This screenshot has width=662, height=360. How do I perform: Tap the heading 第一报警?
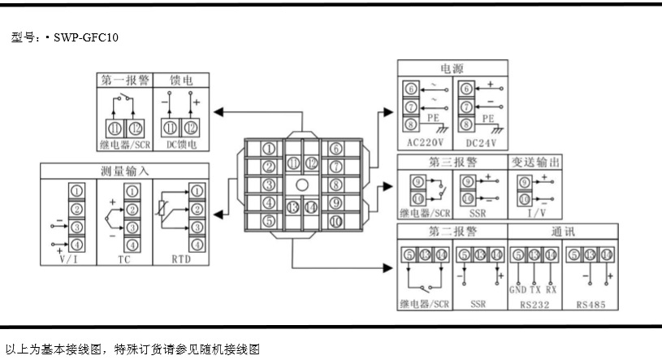pos(125,80)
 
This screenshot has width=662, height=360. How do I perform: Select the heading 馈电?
pos(181,80)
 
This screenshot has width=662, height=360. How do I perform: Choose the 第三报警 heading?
pos(451,162)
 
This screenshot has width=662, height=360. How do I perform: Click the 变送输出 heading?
pos(535,162)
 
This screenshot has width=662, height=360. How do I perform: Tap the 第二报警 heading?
pos(451,231)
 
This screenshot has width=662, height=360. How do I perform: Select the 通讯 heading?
pos(563,231)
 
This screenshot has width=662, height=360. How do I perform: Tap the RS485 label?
pos(591,305)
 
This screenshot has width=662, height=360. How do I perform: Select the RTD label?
pos(183,258)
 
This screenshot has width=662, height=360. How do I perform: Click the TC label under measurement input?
pos(123,258)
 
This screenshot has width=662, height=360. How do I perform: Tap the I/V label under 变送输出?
pos(535,213)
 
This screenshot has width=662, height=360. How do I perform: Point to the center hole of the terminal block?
pos(301,184)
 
